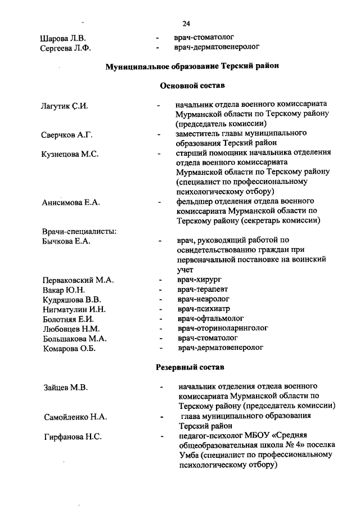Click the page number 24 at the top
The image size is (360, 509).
click(x=186, y=24)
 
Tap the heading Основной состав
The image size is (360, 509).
click(x=192, y=86)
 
